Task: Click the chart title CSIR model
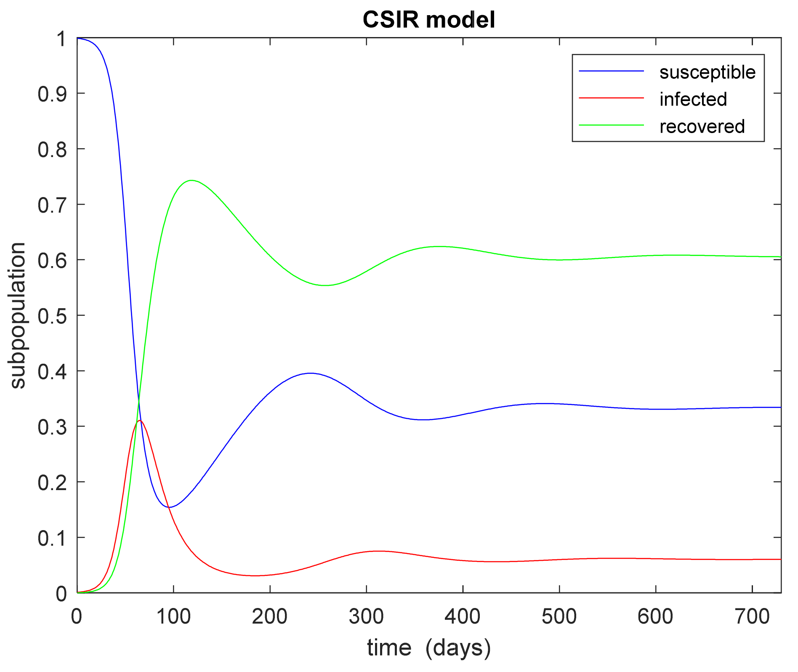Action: click(x=428, y=20)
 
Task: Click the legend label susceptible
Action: click(x=707, y=72)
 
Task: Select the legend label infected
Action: click(x=693, y=99)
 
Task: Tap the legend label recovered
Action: click(x=702, y=127)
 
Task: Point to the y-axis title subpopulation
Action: click(x=18, y=315)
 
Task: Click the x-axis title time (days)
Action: click(x=428, y=648)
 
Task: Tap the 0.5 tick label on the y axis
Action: click(x=52, y=316)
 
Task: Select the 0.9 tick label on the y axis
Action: click(x=52, y=94)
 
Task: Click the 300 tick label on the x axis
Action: click(x=366, y=617)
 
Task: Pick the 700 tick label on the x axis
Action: click(x=752, y=617)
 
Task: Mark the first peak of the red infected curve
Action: click(x=139, y=421)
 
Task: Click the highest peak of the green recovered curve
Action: click(x=192, y=180)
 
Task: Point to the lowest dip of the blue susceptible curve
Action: click(x=169, y=507)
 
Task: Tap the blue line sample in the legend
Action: click(x=611, y=71)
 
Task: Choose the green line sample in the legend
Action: click(x=611, y=125)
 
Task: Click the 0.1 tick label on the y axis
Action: click(x=52, y=538)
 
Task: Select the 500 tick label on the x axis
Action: click(x=559, y=617)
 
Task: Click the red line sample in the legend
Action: click(x=611, y=98)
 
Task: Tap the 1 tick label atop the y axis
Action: click(x=61, y=39)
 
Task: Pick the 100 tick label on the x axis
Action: click(x=173, y=617)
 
